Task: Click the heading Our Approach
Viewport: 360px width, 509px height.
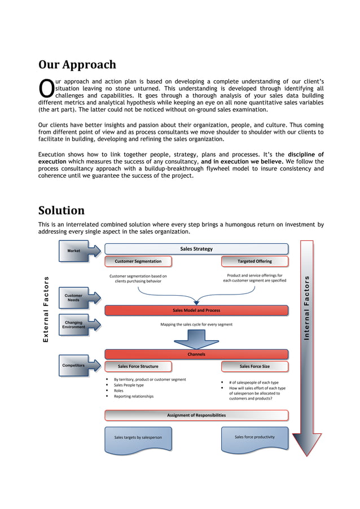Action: click(x=77, y=65)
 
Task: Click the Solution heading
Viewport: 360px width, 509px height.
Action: click(x=62, y=211)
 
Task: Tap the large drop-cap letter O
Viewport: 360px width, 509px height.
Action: click(x=46, y=88)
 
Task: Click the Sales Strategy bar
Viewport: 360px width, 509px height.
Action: click(x=196, y=249)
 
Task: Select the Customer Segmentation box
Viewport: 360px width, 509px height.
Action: click(x=138, y=261)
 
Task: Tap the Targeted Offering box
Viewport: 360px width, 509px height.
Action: click(x=254, y=261)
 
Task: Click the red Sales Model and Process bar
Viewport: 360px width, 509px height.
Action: click(x=196, y=310)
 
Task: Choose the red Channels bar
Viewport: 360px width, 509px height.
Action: click(x=196, y=354)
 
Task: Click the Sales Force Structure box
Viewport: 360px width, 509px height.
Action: click(x=138, y=366)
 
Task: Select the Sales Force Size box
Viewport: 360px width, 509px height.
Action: click(x=254, y=366)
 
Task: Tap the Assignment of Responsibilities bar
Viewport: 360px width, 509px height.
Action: click(x=196, y=415)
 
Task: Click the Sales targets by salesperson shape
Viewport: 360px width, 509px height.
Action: click(x=138, y=438)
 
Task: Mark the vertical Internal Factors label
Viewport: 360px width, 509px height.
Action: click(x=306, y=308)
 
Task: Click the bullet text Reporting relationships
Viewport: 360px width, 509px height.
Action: click(x=133, y=396)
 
